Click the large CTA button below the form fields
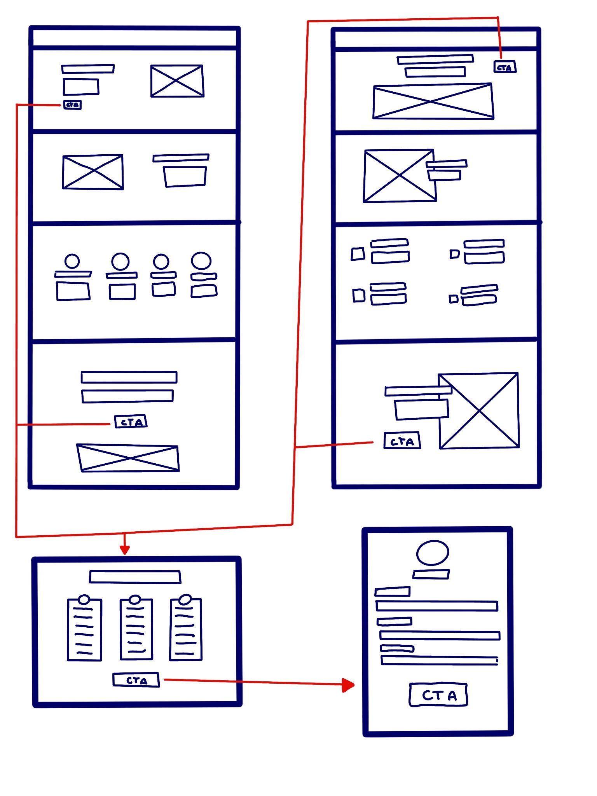click(438, 695)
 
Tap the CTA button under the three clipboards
click(136, 680)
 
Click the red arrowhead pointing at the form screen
click(348, 685)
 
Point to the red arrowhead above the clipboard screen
click(124, 550)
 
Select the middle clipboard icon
click(136, 627)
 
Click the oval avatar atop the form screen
click(433, 552)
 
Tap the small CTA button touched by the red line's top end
click(505, 67)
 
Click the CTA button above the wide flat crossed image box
click(131, 421)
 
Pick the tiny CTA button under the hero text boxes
click(72, 105)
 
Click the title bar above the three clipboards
click(135, 577)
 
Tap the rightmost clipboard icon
click(186, 627)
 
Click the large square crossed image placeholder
click(479, 411)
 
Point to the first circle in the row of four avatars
click(72, 261)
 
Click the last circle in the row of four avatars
click(201, 261)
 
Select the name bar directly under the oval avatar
click(431, 574)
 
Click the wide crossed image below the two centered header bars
click(433, 101)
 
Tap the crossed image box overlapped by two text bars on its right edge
click(399, 176)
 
